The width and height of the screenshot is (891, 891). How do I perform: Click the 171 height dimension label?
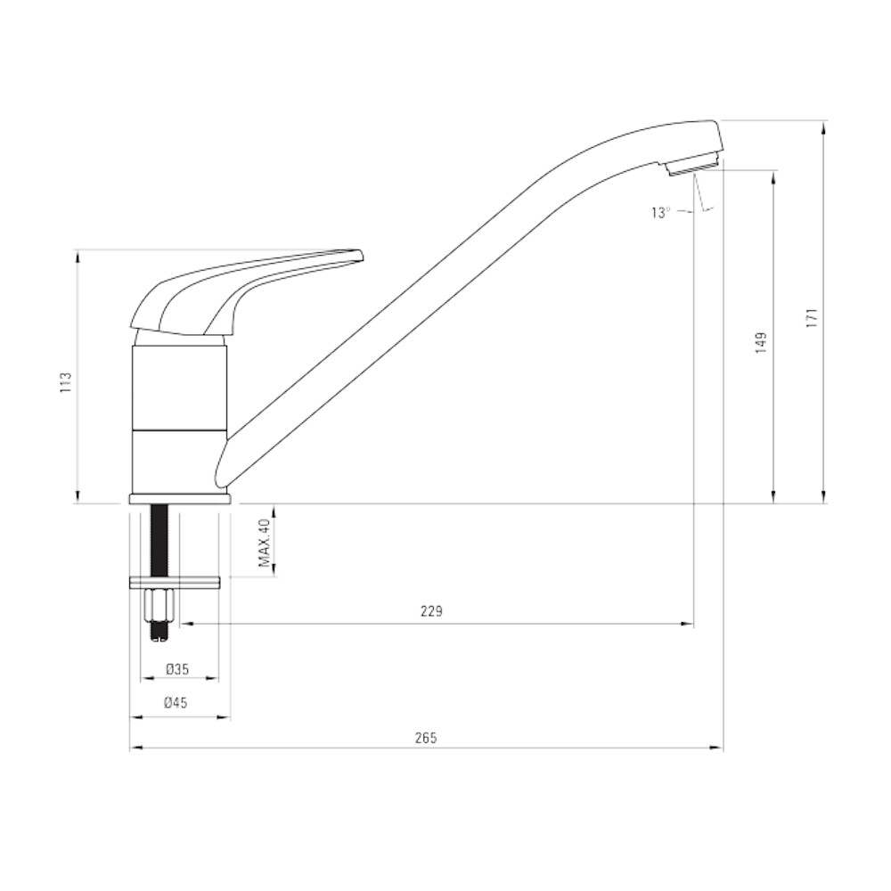point(813,318)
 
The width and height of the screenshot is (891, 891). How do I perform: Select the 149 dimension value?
point(762,343)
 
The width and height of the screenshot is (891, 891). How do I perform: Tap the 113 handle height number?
point(67,382)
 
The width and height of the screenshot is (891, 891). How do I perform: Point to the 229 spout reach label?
point(431,611)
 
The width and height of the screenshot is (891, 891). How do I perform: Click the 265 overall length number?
point(426,738)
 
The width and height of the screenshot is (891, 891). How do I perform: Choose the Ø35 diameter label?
point(177,669)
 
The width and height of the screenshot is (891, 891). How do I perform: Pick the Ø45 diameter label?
point(176,703)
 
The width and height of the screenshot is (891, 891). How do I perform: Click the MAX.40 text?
point(265,544)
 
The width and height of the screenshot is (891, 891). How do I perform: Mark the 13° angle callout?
point(661,213)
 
